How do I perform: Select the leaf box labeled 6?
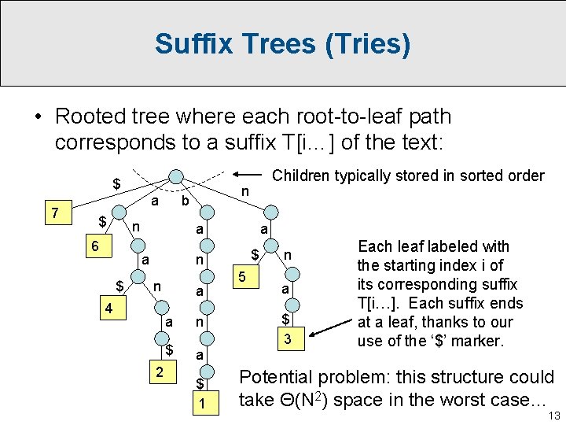click(x=95, y=246)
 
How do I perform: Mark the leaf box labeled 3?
click(x=289, y=338)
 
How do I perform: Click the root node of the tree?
click(x=178, y=176)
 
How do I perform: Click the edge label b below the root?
click(x=185, y=201)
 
